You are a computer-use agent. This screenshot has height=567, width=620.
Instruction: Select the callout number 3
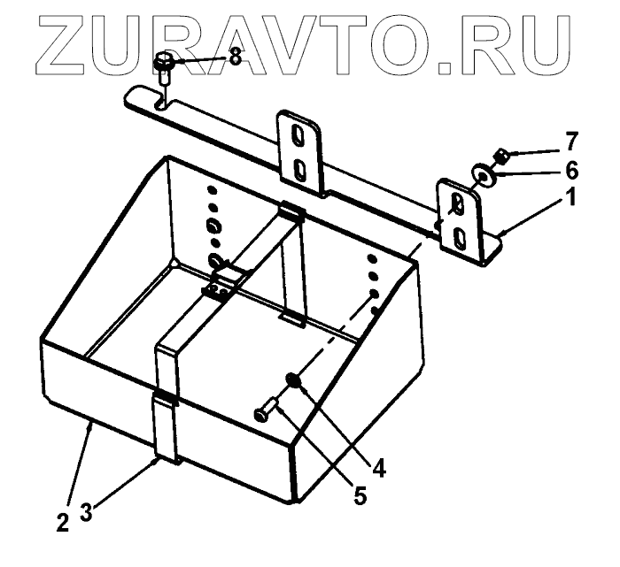[x=86, y=512]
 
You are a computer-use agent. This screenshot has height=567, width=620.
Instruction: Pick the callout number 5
[x=360, y=495]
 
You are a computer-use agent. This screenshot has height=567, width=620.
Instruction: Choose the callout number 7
[x=572, y=140]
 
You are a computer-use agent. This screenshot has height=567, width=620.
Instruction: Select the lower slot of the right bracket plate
[x=460, y=237]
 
